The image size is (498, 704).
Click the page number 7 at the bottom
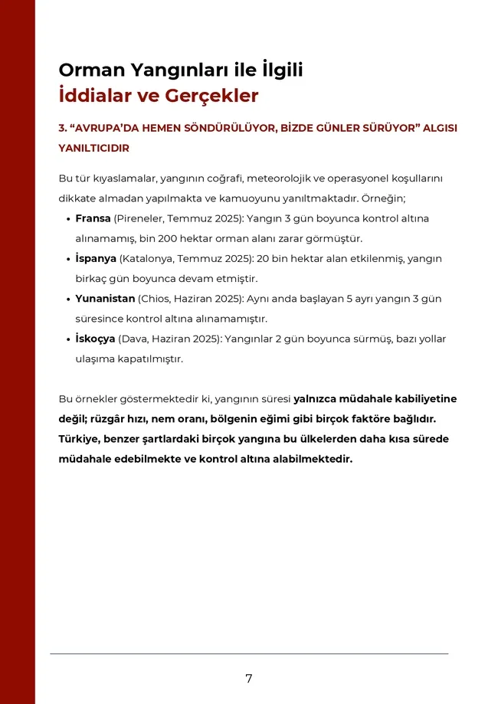click(x=249, y=678)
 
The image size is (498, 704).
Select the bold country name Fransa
click(x=93, y=218)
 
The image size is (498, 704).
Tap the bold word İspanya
click(x=96, y=258)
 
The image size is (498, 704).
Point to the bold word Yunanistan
click(x=105, y=298)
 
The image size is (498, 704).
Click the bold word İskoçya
click(x=95, y=338)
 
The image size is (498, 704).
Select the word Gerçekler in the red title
click(x=211, y=96)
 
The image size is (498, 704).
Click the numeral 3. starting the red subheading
click(x=63, y=128)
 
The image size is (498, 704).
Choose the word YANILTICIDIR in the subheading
click(x=93, y=148)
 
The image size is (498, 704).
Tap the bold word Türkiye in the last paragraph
click(x=81, y=439)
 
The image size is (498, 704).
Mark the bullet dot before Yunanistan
click(x=68, y=299)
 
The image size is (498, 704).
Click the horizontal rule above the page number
click(x=249, y=653)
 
